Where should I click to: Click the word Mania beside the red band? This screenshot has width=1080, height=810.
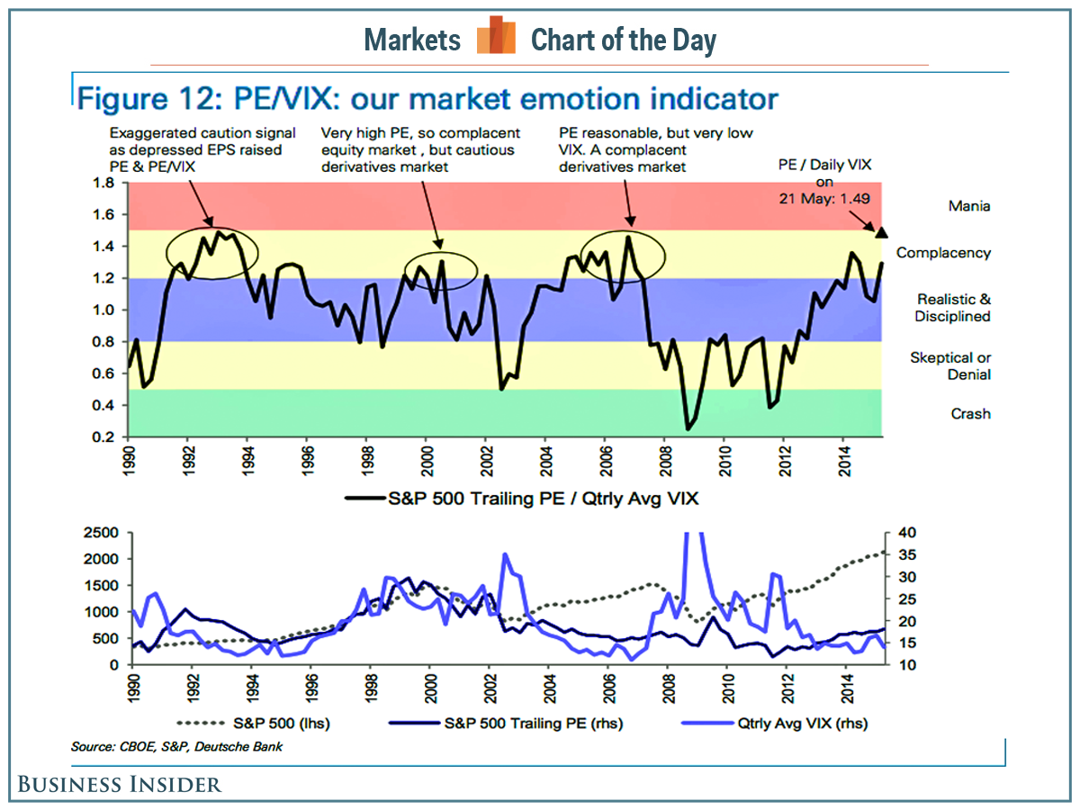968,206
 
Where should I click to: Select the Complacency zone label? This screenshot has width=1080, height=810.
943,253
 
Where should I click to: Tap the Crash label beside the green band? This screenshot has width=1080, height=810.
970,414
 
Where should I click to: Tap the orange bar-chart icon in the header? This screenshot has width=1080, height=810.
496,36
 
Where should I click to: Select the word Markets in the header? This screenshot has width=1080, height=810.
412,40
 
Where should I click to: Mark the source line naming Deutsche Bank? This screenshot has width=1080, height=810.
176,746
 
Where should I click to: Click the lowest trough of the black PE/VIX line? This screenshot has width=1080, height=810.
688,428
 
